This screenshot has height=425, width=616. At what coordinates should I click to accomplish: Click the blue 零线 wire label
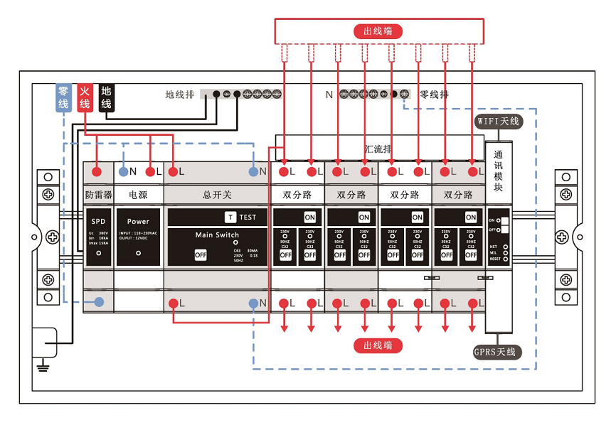(x=63, y=97)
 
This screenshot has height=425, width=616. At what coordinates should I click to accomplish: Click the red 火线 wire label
(x=85, y=97)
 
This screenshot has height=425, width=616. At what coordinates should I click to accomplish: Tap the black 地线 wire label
(x=106, y=97)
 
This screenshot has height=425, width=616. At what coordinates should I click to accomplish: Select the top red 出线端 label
(x=378, y=31)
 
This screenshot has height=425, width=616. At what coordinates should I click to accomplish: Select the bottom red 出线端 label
(x=378, y=345)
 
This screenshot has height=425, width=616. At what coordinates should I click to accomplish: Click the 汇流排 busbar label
(x=378, y=149)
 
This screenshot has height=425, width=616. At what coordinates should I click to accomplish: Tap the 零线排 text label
(x=434, y=95)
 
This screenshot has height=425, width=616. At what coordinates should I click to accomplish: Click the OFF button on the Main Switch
(x=201, y=254)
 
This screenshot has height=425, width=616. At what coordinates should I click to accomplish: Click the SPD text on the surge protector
(x=97, y=221)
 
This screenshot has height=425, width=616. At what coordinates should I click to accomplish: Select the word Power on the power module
(x=138, y=221)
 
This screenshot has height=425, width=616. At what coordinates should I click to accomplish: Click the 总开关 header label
(x=217, y=194)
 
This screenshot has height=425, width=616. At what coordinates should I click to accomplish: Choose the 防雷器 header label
(x=97, y=194)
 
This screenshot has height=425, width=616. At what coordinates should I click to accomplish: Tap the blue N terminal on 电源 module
(x=124, y=171)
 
